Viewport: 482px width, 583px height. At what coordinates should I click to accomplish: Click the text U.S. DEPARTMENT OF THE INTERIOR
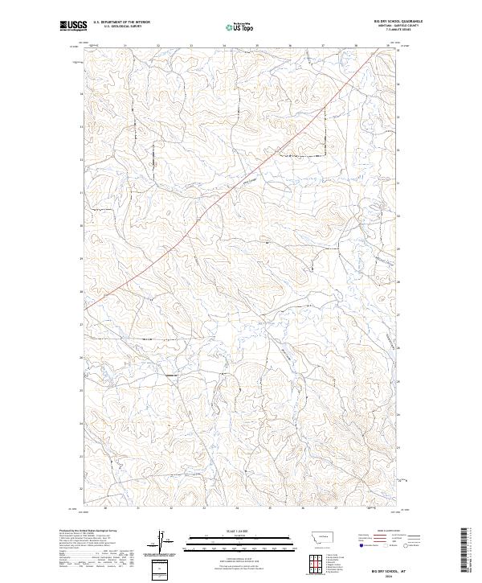click(121, 23)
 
